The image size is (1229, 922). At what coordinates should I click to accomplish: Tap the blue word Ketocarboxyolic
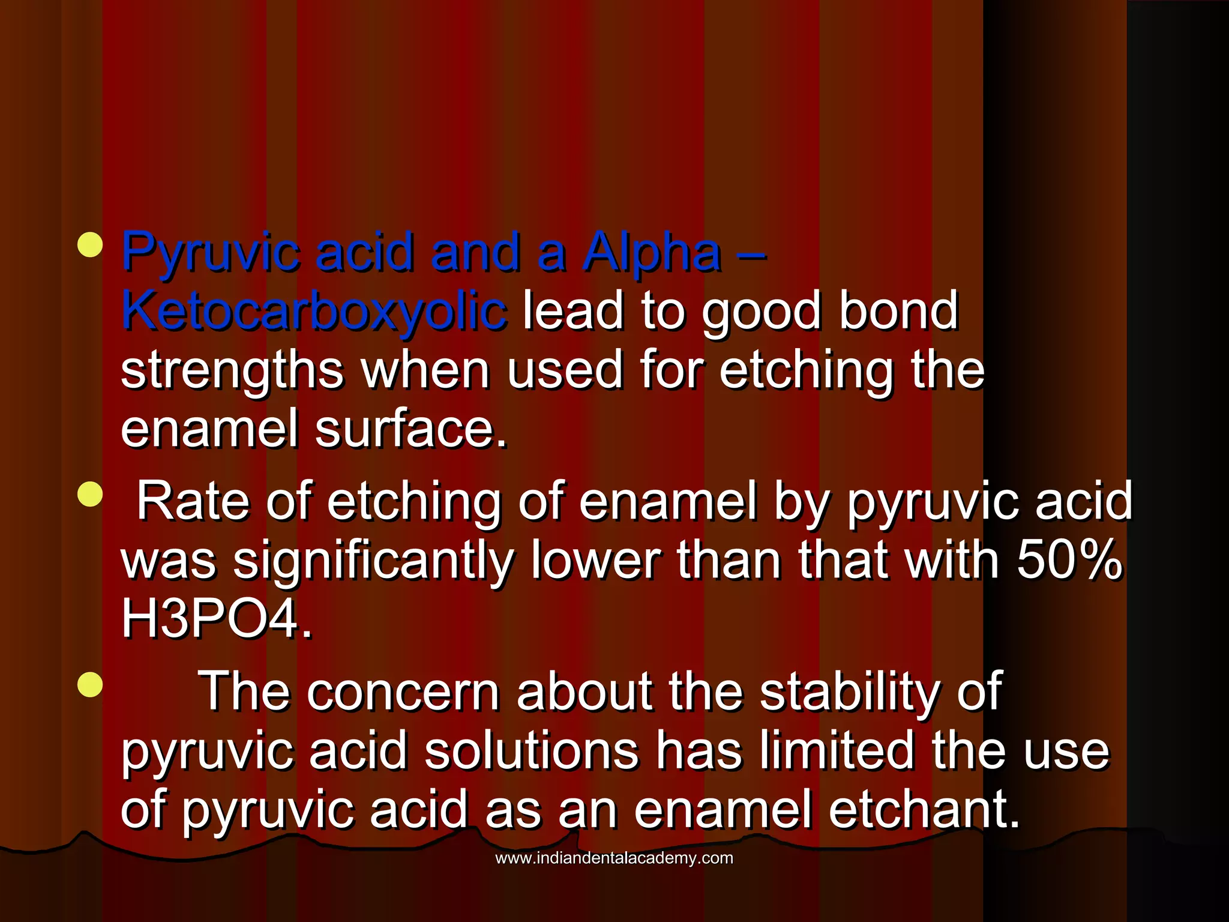(313, 310)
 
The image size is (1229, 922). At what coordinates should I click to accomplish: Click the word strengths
(232, 370)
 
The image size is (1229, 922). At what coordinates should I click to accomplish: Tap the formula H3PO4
(216, 618)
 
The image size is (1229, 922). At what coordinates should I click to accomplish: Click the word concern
(403, 691)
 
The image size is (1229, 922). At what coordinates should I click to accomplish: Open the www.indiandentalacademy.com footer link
(614, 858)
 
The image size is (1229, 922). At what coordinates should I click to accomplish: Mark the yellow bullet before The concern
(90, 685)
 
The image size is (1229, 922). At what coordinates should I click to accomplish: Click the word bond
(898, 310)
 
